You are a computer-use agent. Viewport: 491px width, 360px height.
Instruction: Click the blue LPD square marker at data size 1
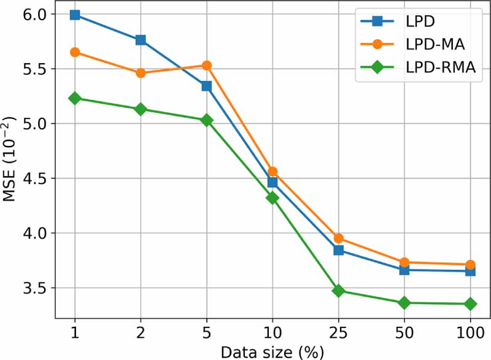(75, 15)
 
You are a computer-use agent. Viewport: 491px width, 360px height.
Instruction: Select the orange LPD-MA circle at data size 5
(206, 66)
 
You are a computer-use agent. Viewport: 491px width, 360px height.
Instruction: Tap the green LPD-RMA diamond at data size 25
(338, 291)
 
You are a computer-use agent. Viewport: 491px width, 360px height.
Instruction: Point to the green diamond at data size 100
(470, 304)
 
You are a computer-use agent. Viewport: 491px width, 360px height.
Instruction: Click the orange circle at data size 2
(141, 73)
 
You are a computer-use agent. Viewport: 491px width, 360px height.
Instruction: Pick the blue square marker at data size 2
(141, 40)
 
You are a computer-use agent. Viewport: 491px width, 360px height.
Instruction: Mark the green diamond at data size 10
(273, 197)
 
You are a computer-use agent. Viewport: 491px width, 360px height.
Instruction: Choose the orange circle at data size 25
(338, 238)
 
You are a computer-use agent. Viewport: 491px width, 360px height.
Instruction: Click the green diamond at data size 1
(75, 98)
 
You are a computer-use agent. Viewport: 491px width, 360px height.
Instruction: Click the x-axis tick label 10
(273, 333)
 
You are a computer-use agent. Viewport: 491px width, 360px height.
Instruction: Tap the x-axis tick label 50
(404, 333)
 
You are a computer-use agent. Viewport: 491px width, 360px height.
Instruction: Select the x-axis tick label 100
(470, 333)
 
